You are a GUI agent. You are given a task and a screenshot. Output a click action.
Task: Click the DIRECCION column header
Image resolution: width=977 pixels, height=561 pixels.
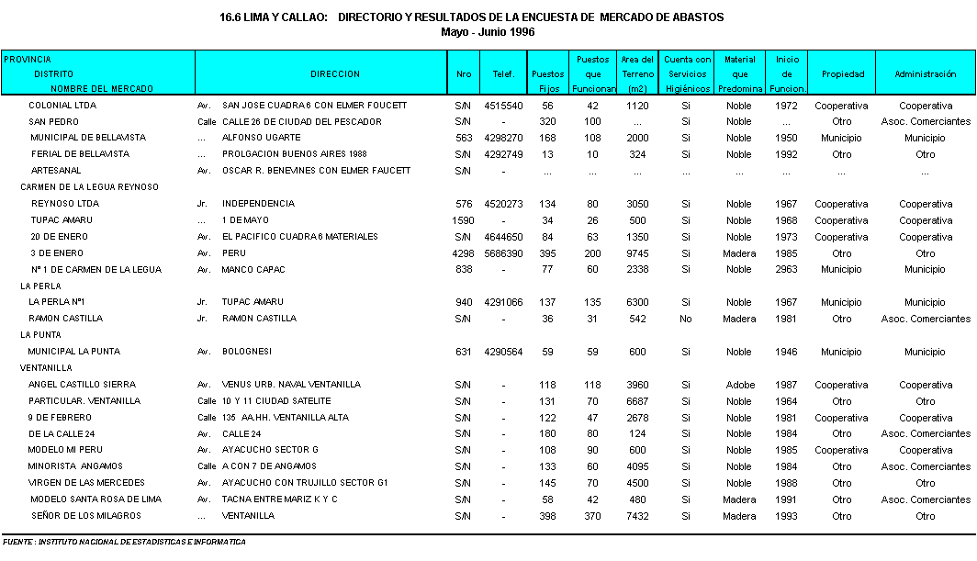335,73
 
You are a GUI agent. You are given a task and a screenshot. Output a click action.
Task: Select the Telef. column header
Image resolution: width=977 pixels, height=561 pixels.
503,73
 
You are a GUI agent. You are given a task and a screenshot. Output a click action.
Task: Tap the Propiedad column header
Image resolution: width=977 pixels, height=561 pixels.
842,73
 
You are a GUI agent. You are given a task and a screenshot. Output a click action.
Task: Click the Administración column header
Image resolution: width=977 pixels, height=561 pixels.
926,73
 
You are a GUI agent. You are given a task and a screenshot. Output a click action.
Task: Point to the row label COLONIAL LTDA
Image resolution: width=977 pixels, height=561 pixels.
62,106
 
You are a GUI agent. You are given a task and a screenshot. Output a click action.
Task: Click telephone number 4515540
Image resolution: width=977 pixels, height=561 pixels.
503,106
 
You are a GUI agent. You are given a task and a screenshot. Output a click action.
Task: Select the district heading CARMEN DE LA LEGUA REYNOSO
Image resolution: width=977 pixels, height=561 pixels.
90,187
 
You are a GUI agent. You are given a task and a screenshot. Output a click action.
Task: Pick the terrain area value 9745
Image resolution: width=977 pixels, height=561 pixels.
637,253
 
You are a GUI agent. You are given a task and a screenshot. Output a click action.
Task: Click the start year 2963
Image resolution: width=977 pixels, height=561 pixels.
787,270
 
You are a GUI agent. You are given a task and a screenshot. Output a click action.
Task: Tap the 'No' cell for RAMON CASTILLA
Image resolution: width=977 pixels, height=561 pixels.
685,319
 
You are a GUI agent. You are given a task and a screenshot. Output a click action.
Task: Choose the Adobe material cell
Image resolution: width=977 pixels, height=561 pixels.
740,385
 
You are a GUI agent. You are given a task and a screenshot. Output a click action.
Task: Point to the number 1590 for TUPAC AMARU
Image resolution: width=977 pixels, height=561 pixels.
463,220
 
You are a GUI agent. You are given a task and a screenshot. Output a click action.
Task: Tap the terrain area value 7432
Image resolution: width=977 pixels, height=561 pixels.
637,516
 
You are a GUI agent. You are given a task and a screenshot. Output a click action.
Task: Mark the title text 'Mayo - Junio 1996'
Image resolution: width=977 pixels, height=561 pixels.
488,31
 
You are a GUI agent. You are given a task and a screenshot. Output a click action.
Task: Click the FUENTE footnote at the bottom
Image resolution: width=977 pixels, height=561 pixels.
124,542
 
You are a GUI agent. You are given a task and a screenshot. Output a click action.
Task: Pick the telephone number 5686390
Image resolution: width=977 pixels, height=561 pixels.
503,253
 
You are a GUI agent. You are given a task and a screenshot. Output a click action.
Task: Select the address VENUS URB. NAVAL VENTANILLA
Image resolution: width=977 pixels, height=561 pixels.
291,385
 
